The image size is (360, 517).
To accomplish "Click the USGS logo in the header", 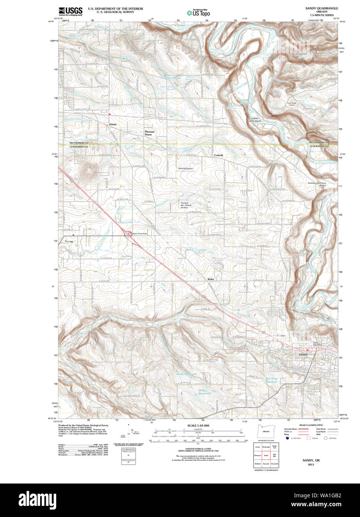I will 71,10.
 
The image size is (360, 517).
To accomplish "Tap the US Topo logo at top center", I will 198,13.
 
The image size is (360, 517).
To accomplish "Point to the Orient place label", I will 113,124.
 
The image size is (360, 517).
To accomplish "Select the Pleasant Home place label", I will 150,133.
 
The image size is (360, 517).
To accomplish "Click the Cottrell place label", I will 218,155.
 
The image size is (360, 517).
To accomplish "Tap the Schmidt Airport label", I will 185,168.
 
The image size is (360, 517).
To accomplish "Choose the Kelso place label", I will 211,279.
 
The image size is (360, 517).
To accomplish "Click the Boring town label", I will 69,241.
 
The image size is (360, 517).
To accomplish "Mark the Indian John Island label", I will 256,120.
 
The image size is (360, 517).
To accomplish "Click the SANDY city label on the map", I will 303,355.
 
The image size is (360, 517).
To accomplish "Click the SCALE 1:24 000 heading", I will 198,425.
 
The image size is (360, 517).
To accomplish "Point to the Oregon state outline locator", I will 265,431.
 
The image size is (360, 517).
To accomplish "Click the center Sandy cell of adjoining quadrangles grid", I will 266,455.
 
